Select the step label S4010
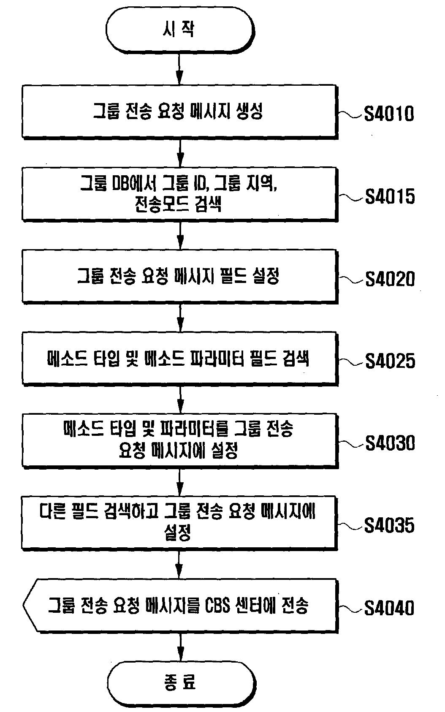[389, 114]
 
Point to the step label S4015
[390, 196]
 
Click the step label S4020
[390, 279]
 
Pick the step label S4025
[390, 361]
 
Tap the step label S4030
[390, 443]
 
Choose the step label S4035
[389, 525]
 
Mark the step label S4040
[389, 608]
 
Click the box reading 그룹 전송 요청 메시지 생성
[179, 112]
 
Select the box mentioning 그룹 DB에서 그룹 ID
[179, 194]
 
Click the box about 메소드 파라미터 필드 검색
[179, 359]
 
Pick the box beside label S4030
[179, 441]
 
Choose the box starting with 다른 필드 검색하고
[179, 523]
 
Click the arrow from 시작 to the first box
[179, 69]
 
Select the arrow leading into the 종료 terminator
[180, 647]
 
